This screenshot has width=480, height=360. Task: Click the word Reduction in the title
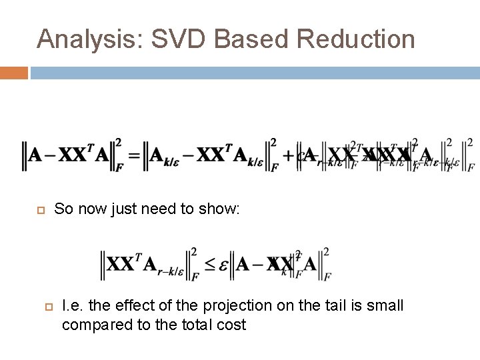[357, 39]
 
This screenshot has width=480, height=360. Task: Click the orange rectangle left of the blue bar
[13, 73]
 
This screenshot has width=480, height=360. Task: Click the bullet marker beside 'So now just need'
[39, 210]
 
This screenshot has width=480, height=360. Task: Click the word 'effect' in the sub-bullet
[138, 306]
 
